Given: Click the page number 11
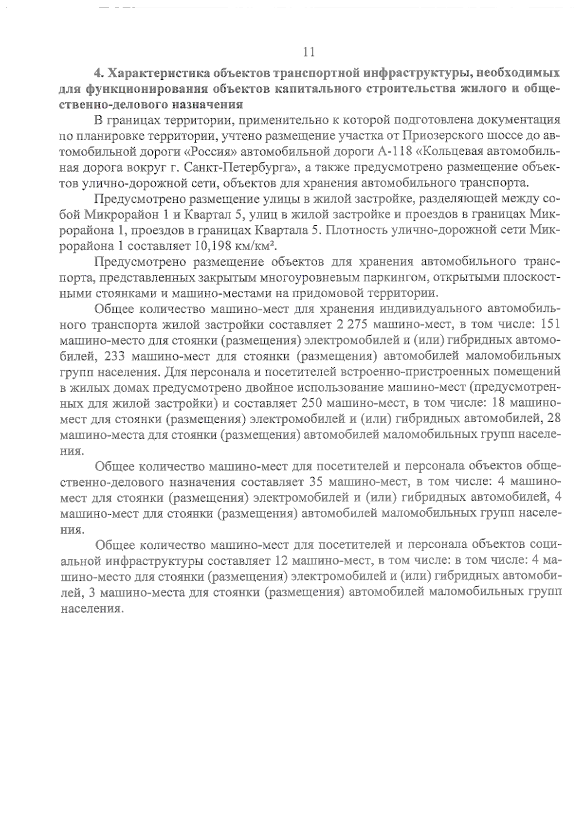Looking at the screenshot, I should coord(309,52).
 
